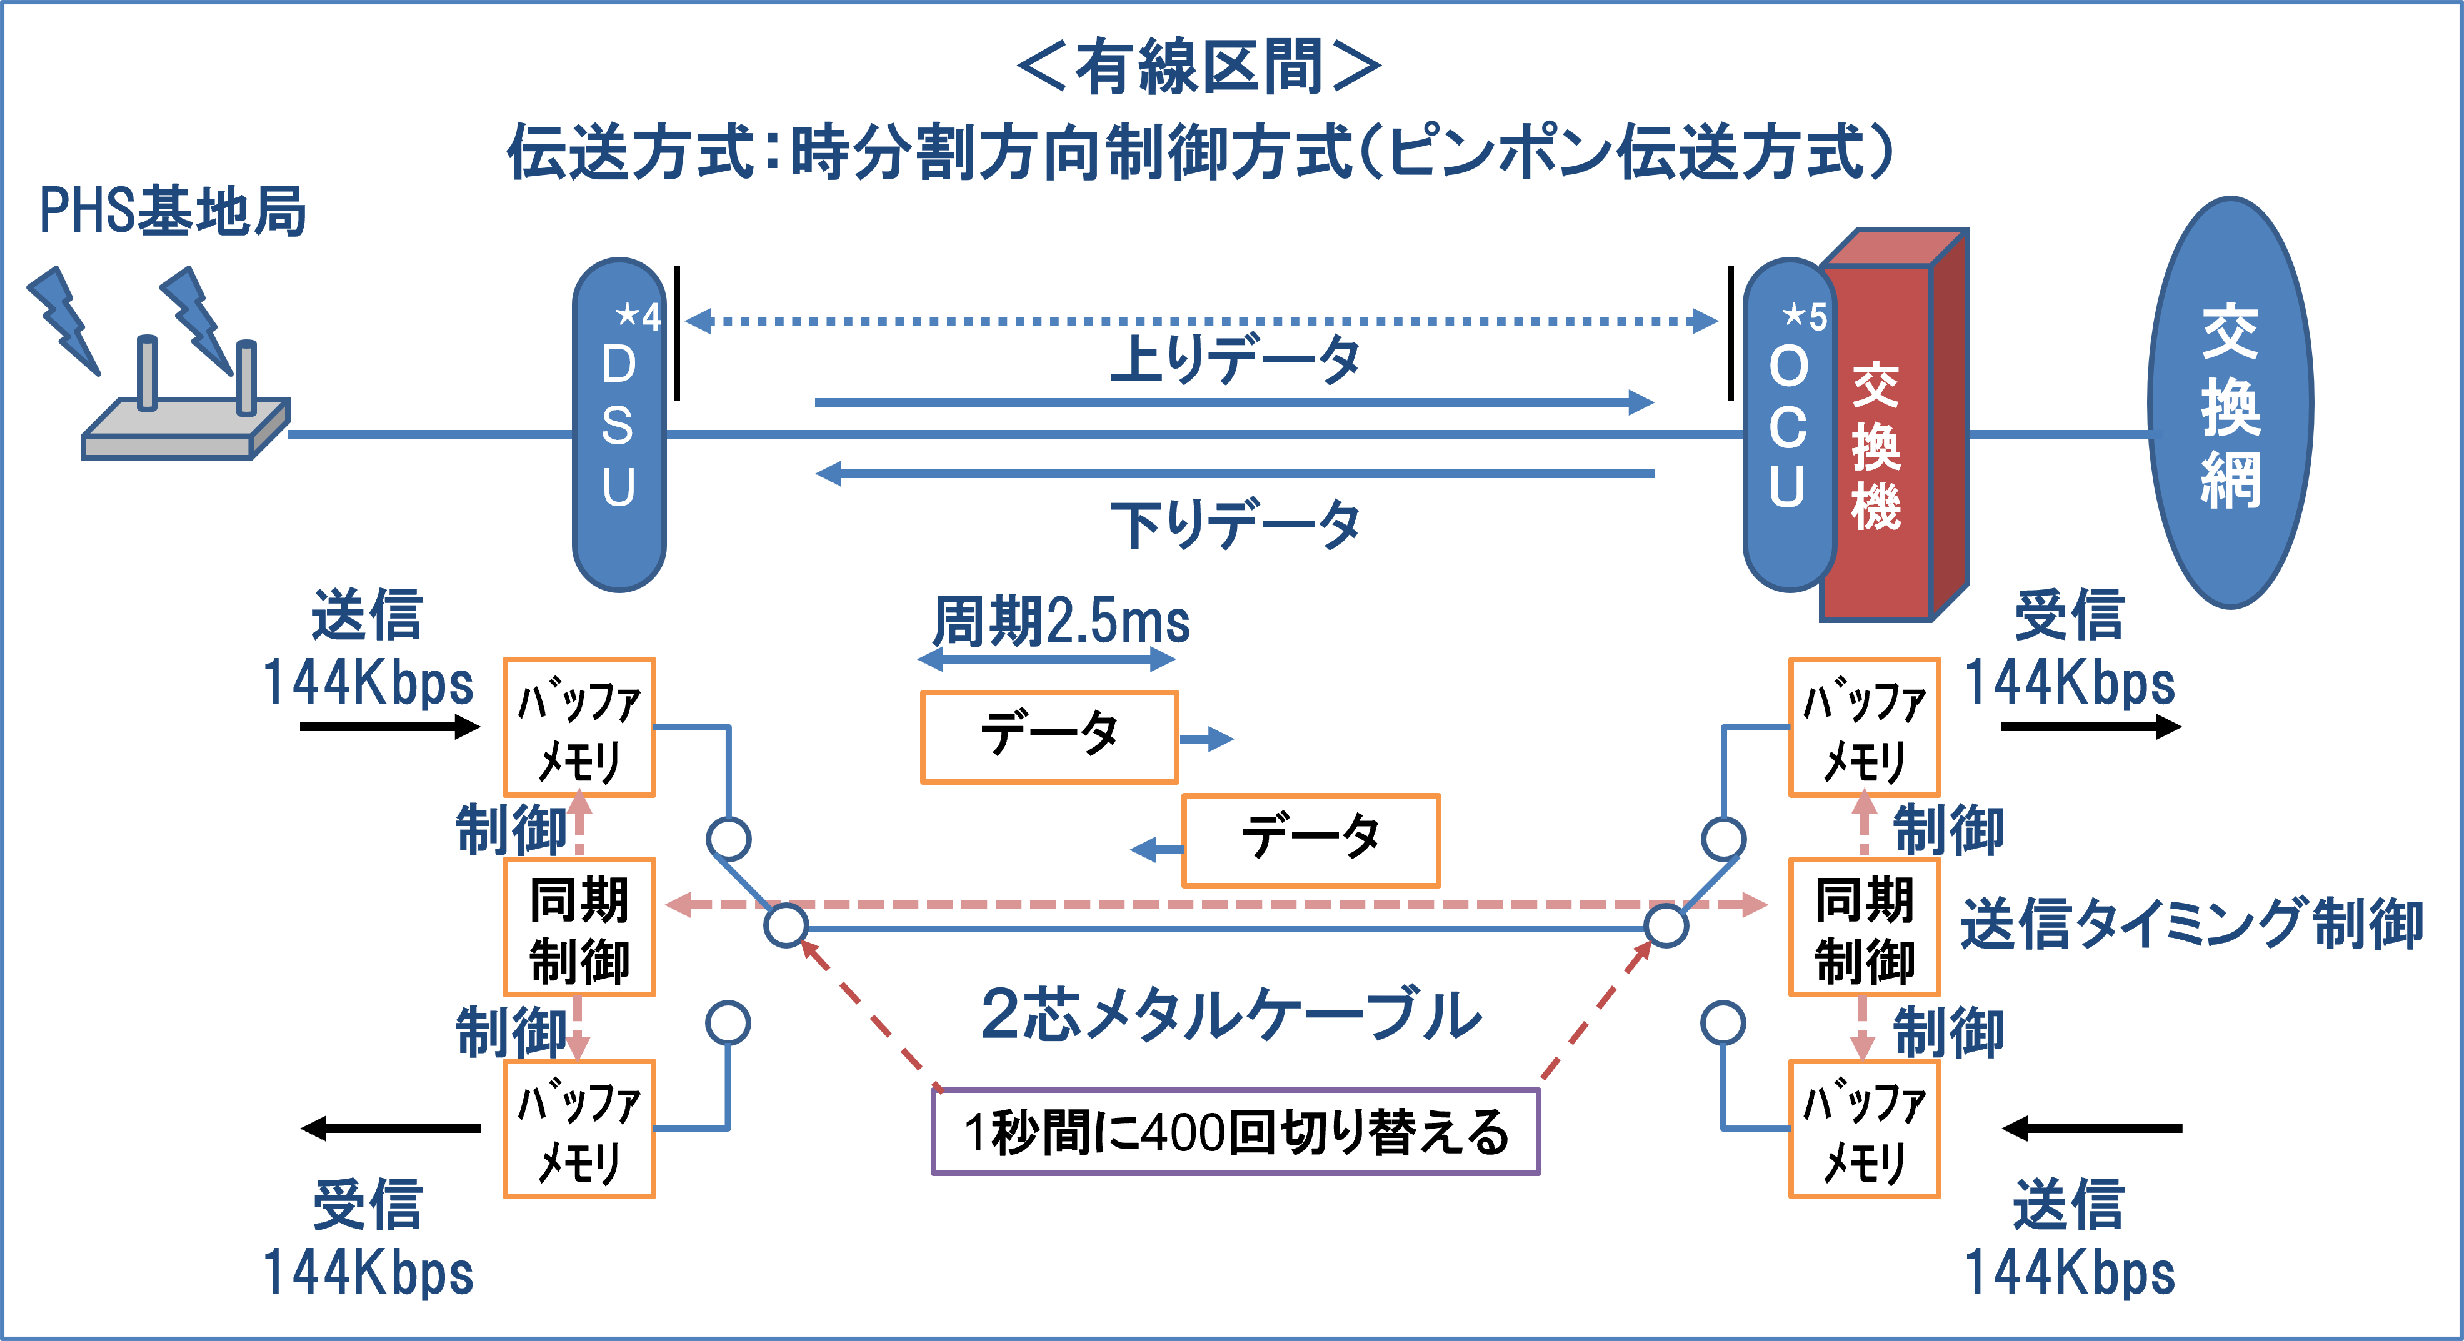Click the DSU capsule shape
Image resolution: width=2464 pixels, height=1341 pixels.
[x=619, y=426]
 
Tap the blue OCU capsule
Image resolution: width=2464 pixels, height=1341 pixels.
[x=1787, y=426]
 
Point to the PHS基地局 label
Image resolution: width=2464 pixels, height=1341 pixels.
[x=172, y=211]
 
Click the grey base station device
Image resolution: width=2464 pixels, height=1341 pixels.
[x=182, y=426]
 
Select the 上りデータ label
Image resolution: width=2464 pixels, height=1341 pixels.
[x=1234, y=360]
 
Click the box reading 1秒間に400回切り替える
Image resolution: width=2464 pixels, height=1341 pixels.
[x=1235, y=1132]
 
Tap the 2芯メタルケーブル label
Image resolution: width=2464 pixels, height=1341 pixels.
[x=1231, y=1015]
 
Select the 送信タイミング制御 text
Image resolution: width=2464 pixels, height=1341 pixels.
[x=2190, y=924]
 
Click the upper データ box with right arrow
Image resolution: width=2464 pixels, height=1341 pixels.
[x=1049, y=737]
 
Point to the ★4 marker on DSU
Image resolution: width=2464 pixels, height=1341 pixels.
[x=638, y=316]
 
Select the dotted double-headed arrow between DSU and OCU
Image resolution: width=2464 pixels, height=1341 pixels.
[x=1201, y=321]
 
